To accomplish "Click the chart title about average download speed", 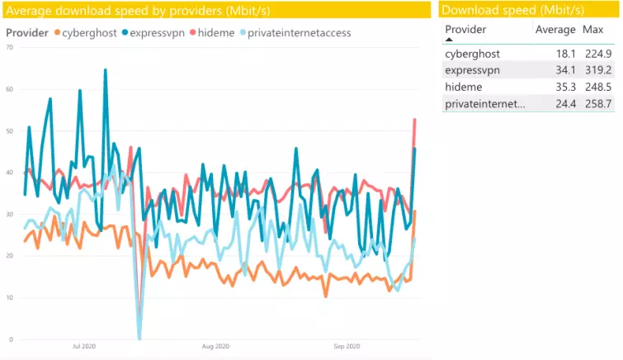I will pos(138,10).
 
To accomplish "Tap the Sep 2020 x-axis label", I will pos(346,347).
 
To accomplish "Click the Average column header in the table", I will pos(555,30).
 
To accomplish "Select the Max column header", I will pos(592,30).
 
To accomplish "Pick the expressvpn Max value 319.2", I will pos(597,70).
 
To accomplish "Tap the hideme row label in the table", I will pos(464,87).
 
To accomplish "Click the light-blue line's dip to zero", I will pos(139,338).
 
